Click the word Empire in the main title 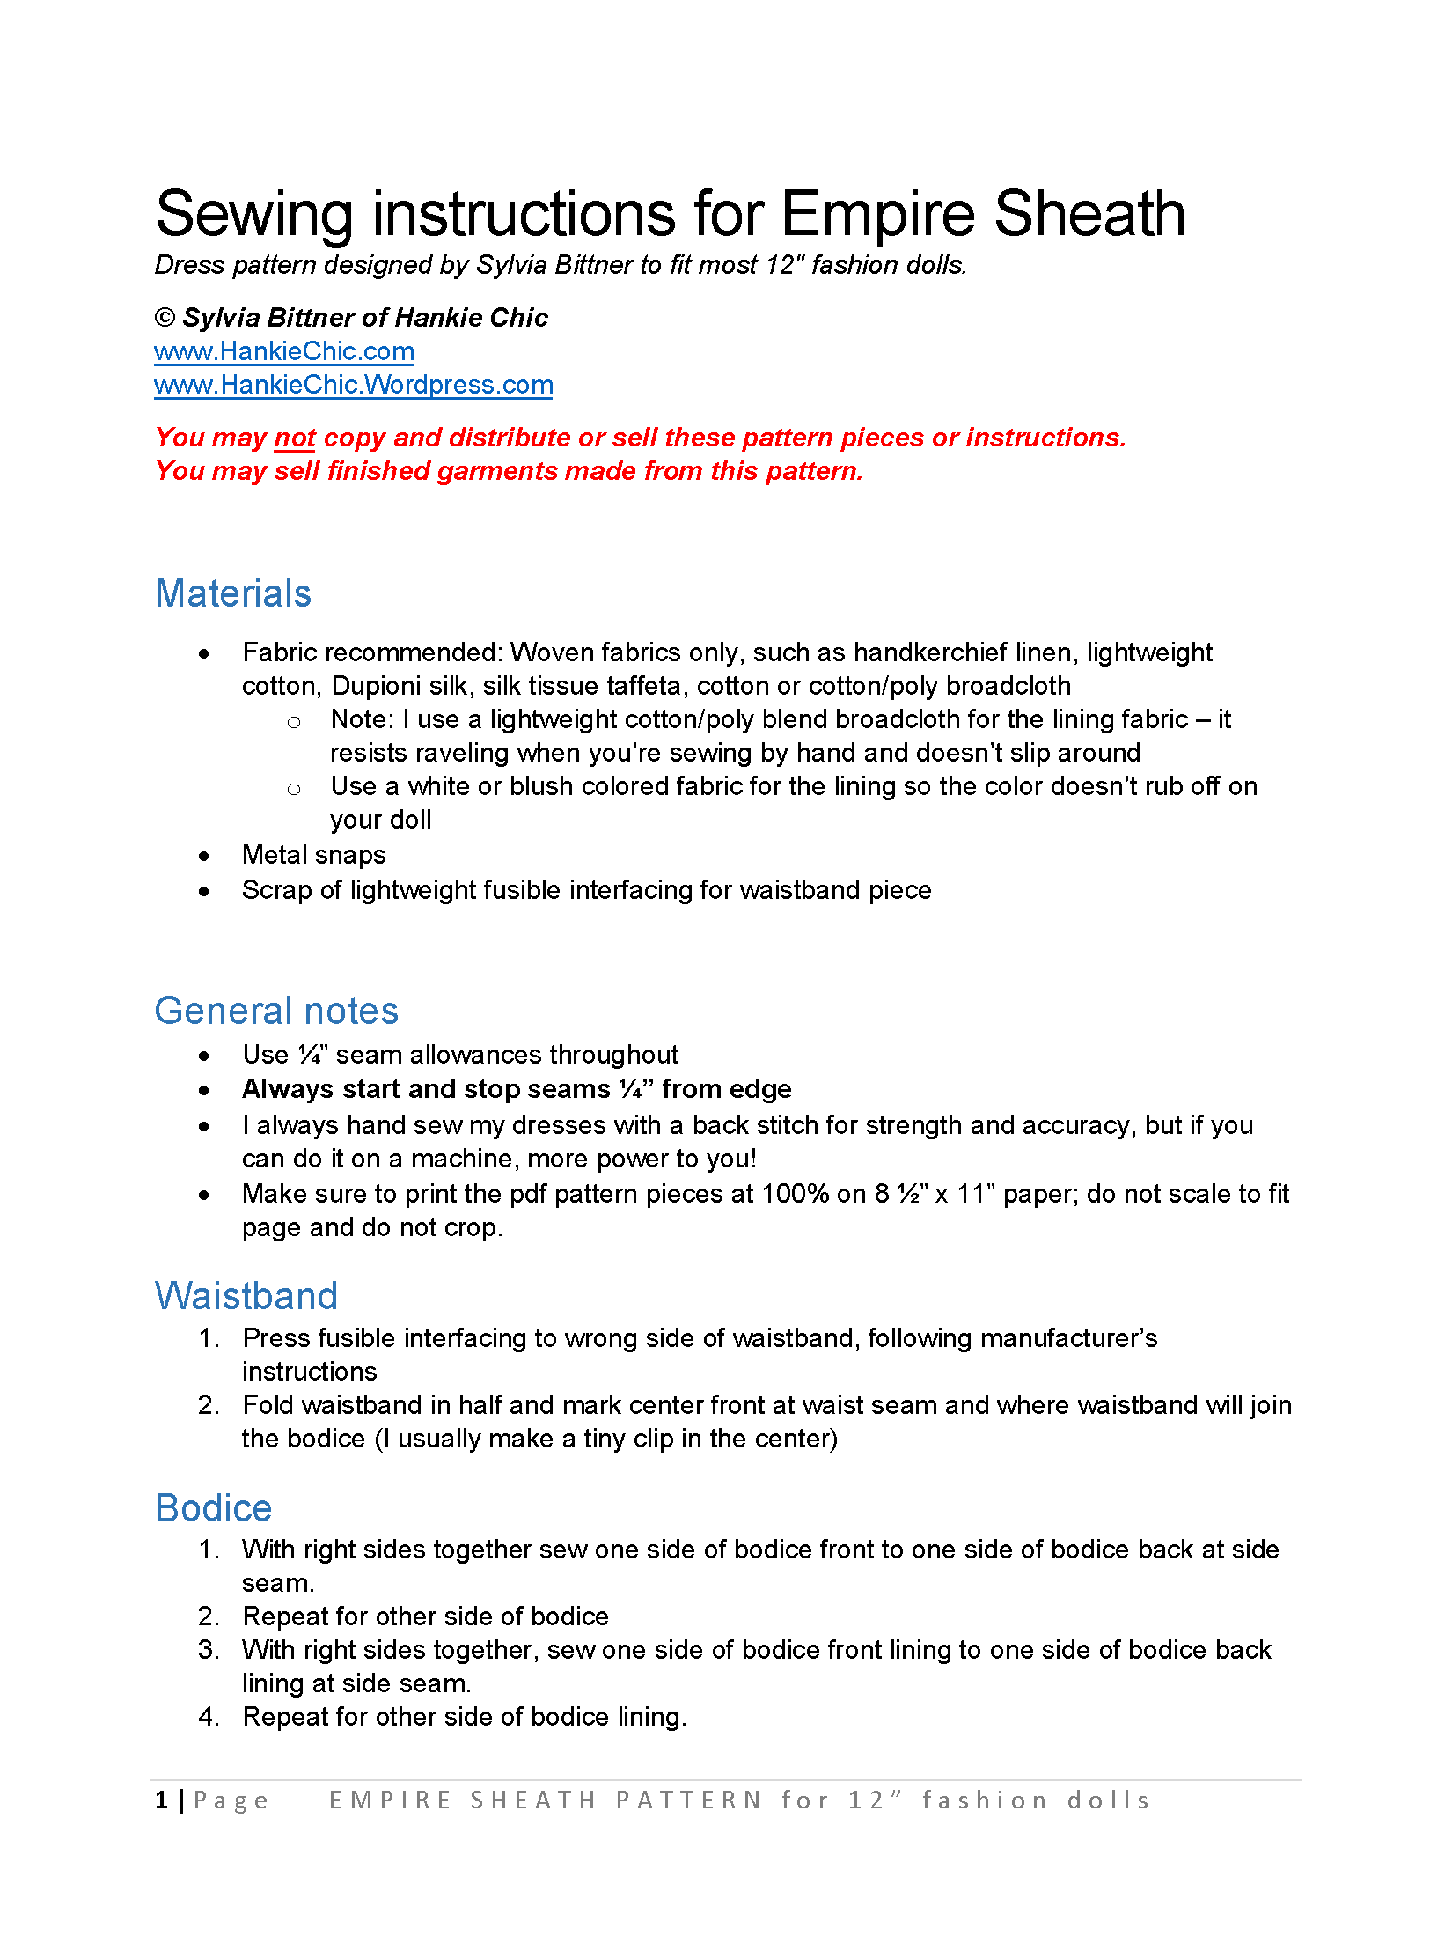[x=877, y=215]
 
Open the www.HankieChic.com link [x=283, y=351]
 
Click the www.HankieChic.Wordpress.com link [x=353, y=385]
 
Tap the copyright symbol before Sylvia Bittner [x=165, y=318]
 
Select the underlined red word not [x=295, y=438]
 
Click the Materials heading [x=233, y=593]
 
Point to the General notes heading [x=276, y=1011]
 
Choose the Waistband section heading [x=246, y=1296]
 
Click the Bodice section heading [x=214, y=1508]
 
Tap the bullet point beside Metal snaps [x=204, y=856]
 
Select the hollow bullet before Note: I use [x=294, y=722]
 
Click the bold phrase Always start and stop [x=426, y=1089]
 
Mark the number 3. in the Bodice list [x=209, y=1650]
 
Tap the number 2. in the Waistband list [x=209, y=1405]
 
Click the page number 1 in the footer [x=162, y=1801]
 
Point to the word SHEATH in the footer [x=533, y=1801]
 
